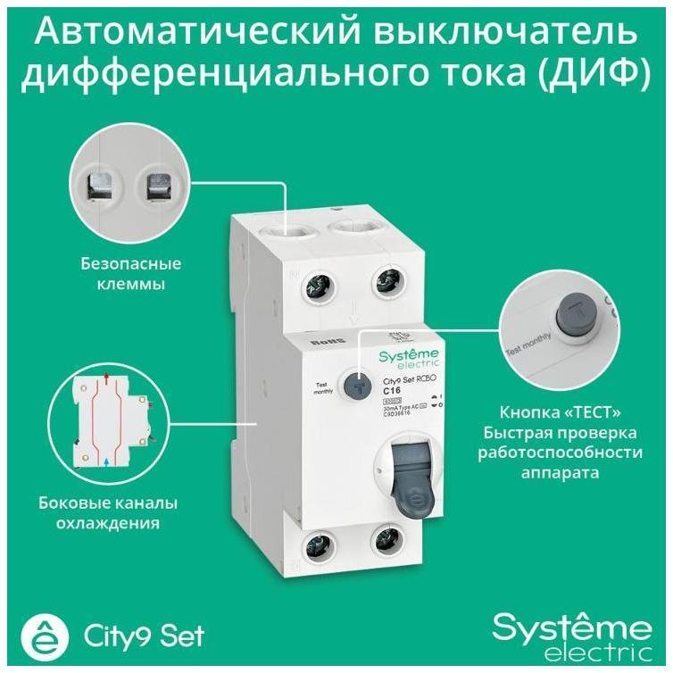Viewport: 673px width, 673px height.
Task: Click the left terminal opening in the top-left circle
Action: (100, 186)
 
